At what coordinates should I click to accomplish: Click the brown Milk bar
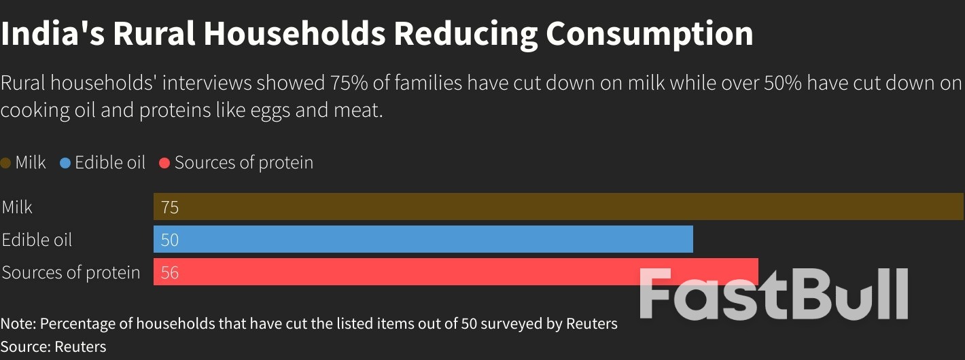(557, 206)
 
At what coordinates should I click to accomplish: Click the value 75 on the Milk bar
(170, 207)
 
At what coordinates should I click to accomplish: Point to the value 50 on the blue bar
(170, 240)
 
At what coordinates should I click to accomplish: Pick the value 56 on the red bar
(170, 272)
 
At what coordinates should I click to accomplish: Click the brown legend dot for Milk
(6, 163)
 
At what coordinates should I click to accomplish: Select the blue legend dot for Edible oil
(65, 163)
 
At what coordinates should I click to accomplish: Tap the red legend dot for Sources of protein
(164, 163)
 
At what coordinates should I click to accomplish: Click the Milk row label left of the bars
(17, 207)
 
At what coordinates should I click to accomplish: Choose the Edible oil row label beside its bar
(37, 240)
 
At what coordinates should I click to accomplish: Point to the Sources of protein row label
(71, 272)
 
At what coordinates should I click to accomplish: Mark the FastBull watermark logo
(773, 293)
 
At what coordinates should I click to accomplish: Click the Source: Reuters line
(54, 346)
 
